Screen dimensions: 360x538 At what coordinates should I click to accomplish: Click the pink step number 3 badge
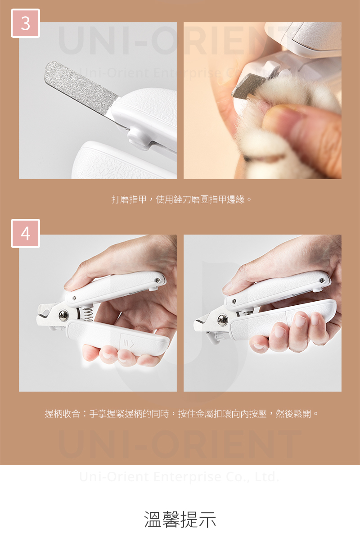click(x=25, y=23)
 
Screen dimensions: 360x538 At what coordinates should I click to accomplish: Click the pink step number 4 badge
click(x=25, y=233)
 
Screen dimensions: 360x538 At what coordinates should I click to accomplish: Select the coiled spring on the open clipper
click(x=87, y=314)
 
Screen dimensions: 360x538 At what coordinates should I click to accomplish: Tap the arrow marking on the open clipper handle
click(x=128, y=343)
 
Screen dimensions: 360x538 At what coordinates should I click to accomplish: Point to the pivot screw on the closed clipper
click(x=222, y=320)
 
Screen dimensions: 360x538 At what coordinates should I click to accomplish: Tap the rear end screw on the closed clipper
click(x=322, y=280)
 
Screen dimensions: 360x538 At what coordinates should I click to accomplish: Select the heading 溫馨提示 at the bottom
click(x=180, y=519)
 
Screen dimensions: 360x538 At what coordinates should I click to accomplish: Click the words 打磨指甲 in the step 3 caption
click(x=129, y=199)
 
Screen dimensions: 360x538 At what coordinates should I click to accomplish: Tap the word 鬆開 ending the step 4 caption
click(x=302, y=414)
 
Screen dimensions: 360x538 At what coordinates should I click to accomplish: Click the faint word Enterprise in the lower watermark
click(x=187, y=477)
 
